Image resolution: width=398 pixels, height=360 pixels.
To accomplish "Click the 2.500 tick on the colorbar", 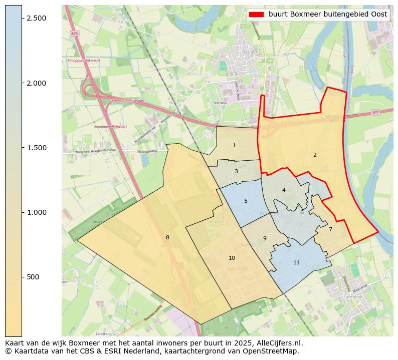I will [x=37, y=18].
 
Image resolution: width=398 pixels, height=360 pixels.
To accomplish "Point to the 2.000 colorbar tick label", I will [x=37, y=83].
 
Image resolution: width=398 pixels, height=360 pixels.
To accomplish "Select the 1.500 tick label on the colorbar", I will [x=37, y=148].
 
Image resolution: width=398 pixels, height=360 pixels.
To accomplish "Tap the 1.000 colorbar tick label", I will [x=37, y=212].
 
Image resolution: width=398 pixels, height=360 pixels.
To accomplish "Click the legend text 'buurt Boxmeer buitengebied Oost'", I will [x=328, y=15].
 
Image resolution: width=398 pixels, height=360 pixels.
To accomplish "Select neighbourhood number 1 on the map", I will [x=234, y=146].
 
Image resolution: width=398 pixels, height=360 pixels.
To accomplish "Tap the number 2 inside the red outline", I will [x=315, y=155].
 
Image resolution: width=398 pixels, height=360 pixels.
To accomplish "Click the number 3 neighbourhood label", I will [x=236, y=172].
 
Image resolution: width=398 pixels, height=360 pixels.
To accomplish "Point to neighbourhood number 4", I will [x=284, y=190].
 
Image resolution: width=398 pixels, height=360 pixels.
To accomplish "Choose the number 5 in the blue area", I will [x=246, y=201].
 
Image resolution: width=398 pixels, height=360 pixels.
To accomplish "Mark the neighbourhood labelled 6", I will [x=302, y=213].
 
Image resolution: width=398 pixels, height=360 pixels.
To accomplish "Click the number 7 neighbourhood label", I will [x=330, y=230].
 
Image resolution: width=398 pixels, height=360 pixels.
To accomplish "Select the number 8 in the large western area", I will [x=167, y=238].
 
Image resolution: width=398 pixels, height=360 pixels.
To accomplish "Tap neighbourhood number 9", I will [x=265, y=239].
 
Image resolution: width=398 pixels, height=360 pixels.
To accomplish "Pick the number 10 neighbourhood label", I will [x=232, y=258].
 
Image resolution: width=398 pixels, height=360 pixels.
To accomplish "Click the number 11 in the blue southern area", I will [x=296, y=263].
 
